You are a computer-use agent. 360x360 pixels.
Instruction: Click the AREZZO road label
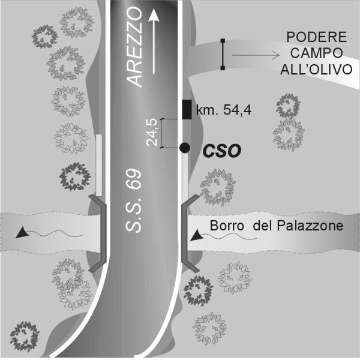click(134, 47)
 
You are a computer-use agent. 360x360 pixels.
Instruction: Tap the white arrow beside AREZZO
click(154, 42)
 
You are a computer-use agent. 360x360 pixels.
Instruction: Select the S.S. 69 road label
click(133, 200)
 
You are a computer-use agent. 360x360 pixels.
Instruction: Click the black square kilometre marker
click(187, 110)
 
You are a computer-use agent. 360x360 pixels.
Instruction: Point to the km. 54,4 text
click(224, 110)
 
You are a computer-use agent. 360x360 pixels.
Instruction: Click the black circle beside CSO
click(185, 148)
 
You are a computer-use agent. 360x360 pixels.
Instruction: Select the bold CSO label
click(222, 151)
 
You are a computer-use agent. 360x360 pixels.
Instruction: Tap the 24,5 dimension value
click(152, 132)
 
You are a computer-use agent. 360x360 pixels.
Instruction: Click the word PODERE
click(317, 37)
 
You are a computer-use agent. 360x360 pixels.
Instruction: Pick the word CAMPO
click(316, 53)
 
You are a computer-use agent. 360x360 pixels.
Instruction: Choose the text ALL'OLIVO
click(316, 69)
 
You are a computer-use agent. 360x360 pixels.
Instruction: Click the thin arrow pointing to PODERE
click(256, 55)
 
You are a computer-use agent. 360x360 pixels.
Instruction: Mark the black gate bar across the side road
click(223, 55)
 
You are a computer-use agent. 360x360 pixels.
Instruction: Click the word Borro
click(227, 226)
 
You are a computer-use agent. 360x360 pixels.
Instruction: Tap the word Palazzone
click(310, 226)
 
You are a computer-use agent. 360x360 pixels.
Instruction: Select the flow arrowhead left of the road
click(22, 232)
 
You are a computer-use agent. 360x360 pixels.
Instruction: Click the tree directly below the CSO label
click(218, 187)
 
